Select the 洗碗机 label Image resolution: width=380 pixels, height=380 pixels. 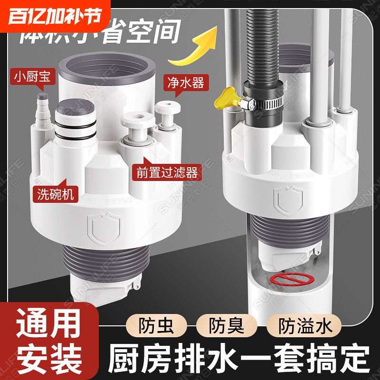pos(55,194)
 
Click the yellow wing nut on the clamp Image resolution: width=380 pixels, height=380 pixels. pos(228,98)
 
